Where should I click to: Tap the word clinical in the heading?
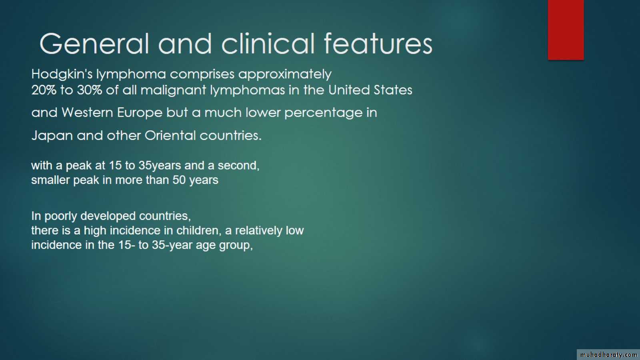268,43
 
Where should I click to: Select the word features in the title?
378,43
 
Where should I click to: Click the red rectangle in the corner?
566,30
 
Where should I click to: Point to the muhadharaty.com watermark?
608,354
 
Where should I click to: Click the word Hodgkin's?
62,74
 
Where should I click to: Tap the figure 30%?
90,90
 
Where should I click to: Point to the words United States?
370,90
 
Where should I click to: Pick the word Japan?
52,136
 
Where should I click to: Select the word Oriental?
170,136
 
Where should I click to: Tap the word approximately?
285,74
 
